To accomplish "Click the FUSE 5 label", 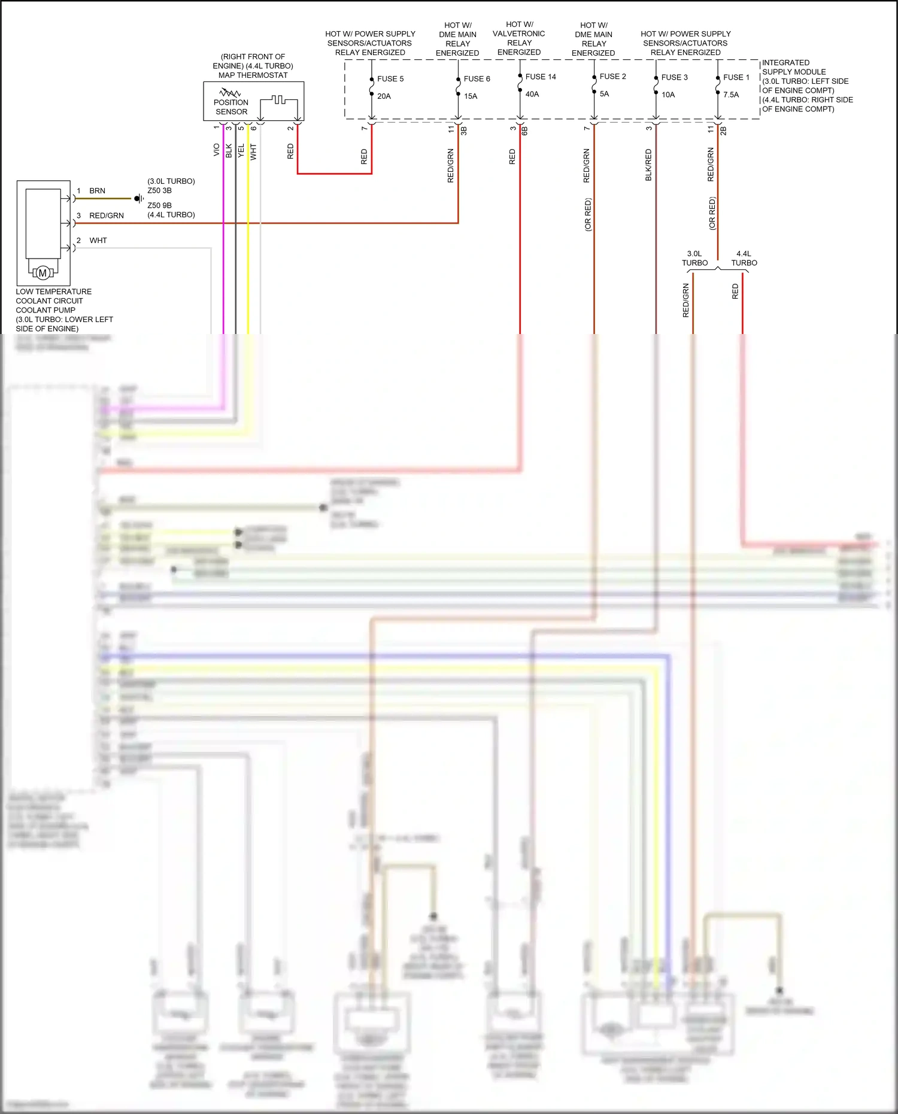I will coord(390,78).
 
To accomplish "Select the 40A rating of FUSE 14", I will coord(532,94).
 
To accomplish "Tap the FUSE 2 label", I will coord(612,77).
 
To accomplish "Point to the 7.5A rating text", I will coord(731,95).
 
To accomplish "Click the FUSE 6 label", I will coord(477,78).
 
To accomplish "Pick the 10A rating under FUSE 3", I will coord(668,95).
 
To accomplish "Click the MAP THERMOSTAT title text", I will coord(253,75).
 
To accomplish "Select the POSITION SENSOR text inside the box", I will coord(231,107).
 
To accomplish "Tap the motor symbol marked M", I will coord(43,273).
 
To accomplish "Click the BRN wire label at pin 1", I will coord(97,191).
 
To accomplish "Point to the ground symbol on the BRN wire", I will coord(138,198).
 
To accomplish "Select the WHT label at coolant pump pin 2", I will coord(98,241).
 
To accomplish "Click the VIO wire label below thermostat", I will coord(216,150).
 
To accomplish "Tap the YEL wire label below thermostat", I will coord(241,151).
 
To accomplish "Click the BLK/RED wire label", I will coord(648,165).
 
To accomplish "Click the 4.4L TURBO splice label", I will coord(744,258).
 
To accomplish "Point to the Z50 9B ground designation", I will coord(159,205).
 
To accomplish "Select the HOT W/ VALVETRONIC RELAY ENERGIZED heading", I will coord(518,38).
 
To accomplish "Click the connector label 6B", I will coord(524,130).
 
